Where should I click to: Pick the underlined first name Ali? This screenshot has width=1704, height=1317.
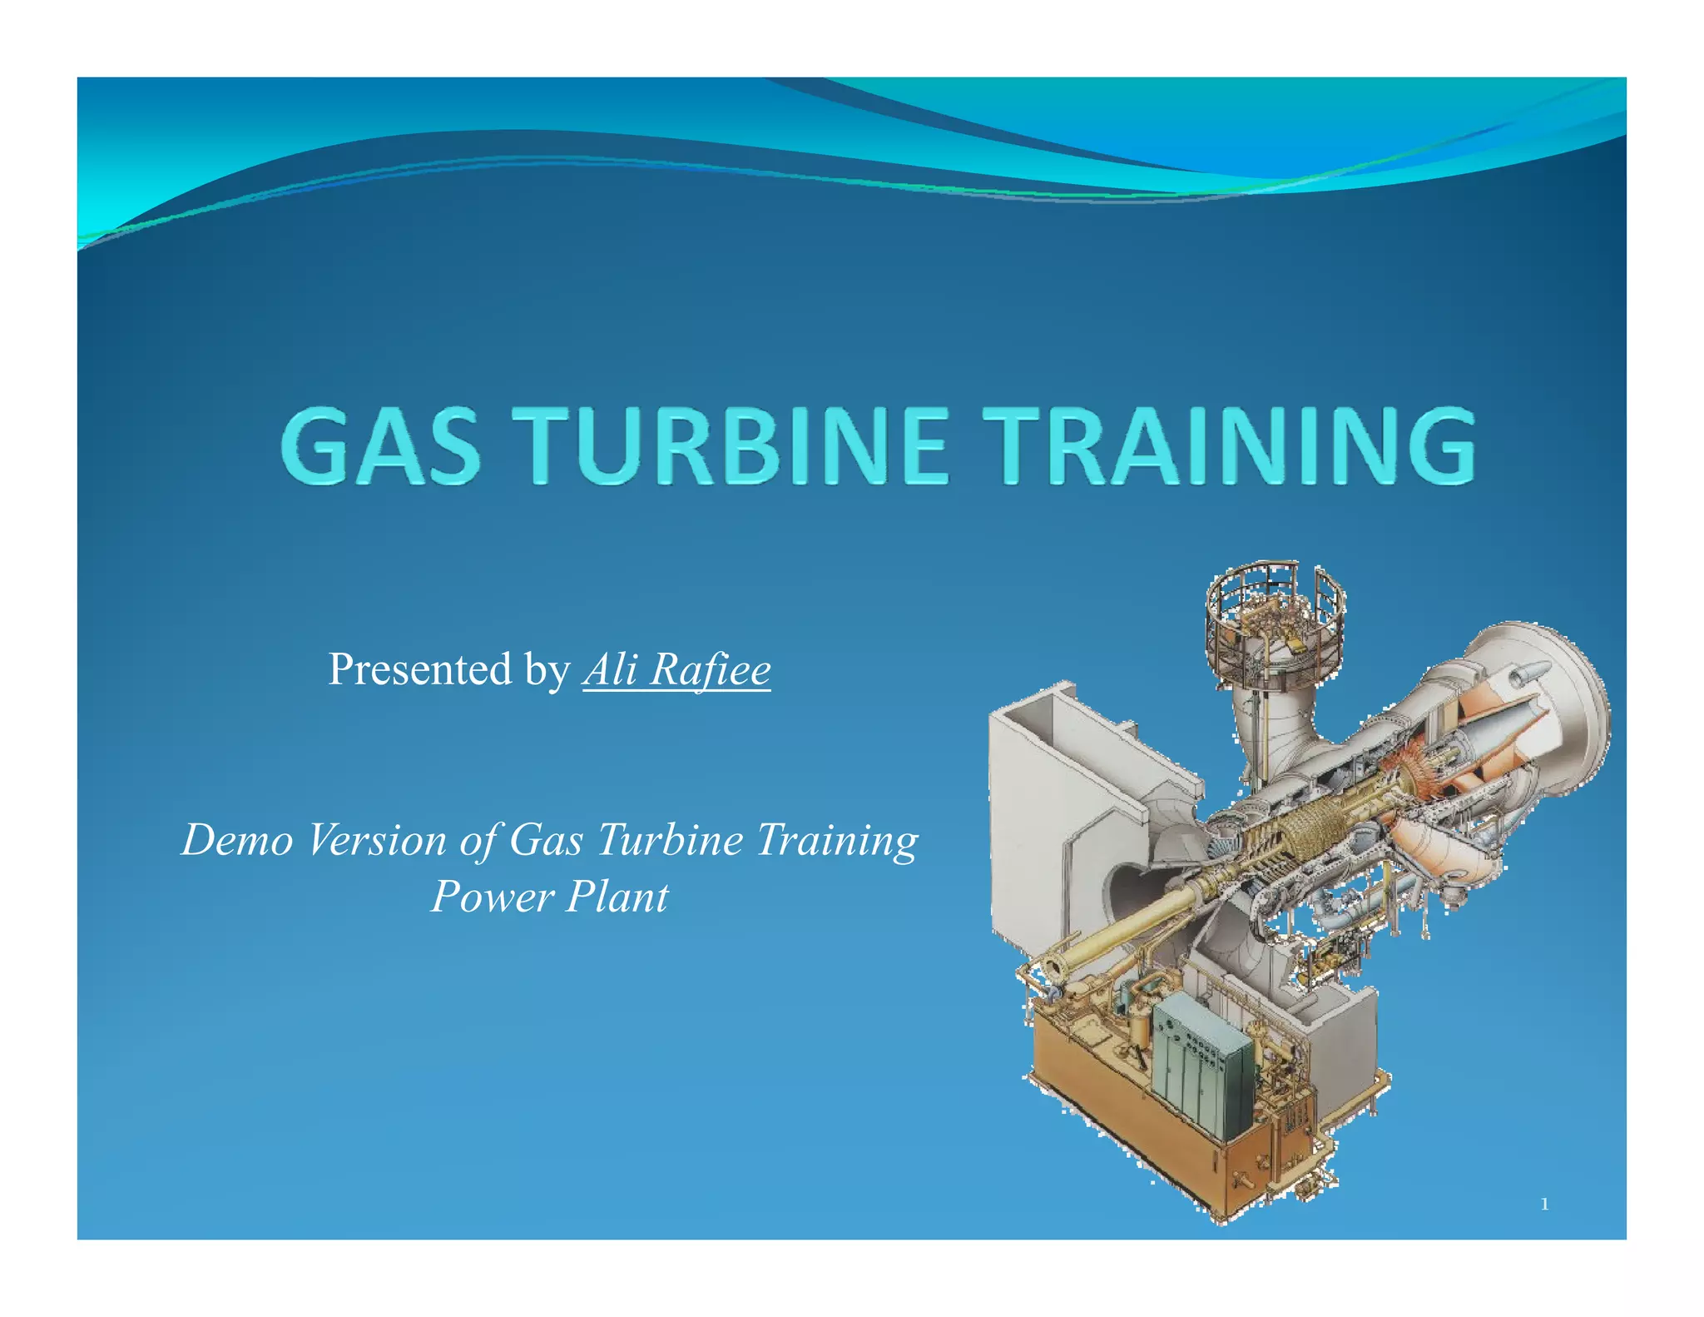[x=610, y=668]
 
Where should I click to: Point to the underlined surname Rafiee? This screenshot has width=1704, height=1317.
[x=711, y=668]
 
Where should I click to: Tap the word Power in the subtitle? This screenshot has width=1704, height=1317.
[x=492, y=897]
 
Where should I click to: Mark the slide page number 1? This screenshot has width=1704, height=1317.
[x=1544, y=1205]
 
